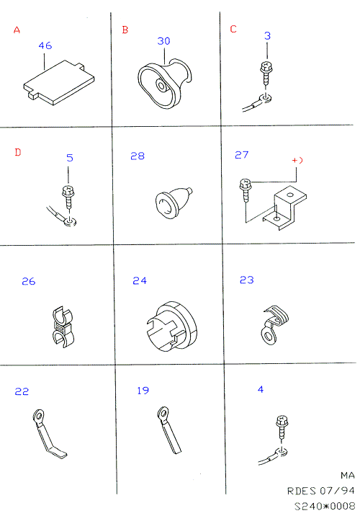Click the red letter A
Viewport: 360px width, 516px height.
(17, 30)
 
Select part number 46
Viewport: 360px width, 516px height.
(45, 45)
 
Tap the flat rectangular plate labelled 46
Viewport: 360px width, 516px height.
(59, 82)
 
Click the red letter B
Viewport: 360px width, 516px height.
(125, 30)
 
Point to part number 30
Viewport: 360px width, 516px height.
(163, 41)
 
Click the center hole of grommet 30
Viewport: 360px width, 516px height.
(161, 86)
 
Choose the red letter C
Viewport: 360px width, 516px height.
(233, 29)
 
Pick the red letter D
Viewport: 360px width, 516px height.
(18, 152)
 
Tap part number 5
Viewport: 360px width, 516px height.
(70, 158)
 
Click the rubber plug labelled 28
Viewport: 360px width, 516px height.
(174, 203)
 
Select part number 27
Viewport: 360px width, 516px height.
(242, 155)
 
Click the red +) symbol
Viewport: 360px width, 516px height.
(297, 160)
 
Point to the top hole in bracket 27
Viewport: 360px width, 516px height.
(289, 195)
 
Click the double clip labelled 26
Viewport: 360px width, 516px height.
(63, 326)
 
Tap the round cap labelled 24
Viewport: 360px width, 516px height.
(171, 326)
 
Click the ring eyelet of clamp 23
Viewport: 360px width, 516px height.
(269, 337)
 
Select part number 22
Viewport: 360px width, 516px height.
(22, 391)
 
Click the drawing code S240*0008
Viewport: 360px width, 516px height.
(325, 506)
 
